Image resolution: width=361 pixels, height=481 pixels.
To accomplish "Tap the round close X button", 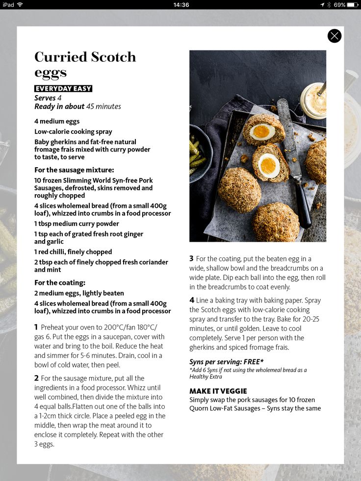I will (334, 36).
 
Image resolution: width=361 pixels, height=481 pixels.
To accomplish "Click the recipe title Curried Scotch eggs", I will (85, 64).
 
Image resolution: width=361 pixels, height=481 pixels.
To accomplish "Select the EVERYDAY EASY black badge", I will (63, 89).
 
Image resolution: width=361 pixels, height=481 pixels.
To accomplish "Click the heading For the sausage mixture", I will (74, 170).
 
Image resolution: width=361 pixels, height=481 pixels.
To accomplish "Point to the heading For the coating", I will (60, 282).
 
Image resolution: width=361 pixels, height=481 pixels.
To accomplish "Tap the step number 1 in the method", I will (36, 327).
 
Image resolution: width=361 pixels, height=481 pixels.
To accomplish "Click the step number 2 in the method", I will (36, 378).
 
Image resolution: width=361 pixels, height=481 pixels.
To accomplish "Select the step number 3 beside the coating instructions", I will (192, 258).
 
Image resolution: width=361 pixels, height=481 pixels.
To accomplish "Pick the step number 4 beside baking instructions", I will (192, 300).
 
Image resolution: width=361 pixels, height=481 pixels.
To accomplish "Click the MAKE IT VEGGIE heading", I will (218, 391).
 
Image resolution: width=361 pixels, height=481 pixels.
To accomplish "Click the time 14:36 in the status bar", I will (181, 4).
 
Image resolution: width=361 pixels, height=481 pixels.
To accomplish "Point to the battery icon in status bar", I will (353, 4).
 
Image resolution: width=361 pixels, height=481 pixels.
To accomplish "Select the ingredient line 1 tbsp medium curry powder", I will (77, 224).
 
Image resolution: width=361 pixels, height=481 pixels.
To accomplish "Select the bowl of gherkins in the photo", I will (198, 152).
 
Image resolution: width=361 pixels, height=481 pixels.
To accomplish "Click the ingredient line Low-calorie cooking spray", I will (73, 131).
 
